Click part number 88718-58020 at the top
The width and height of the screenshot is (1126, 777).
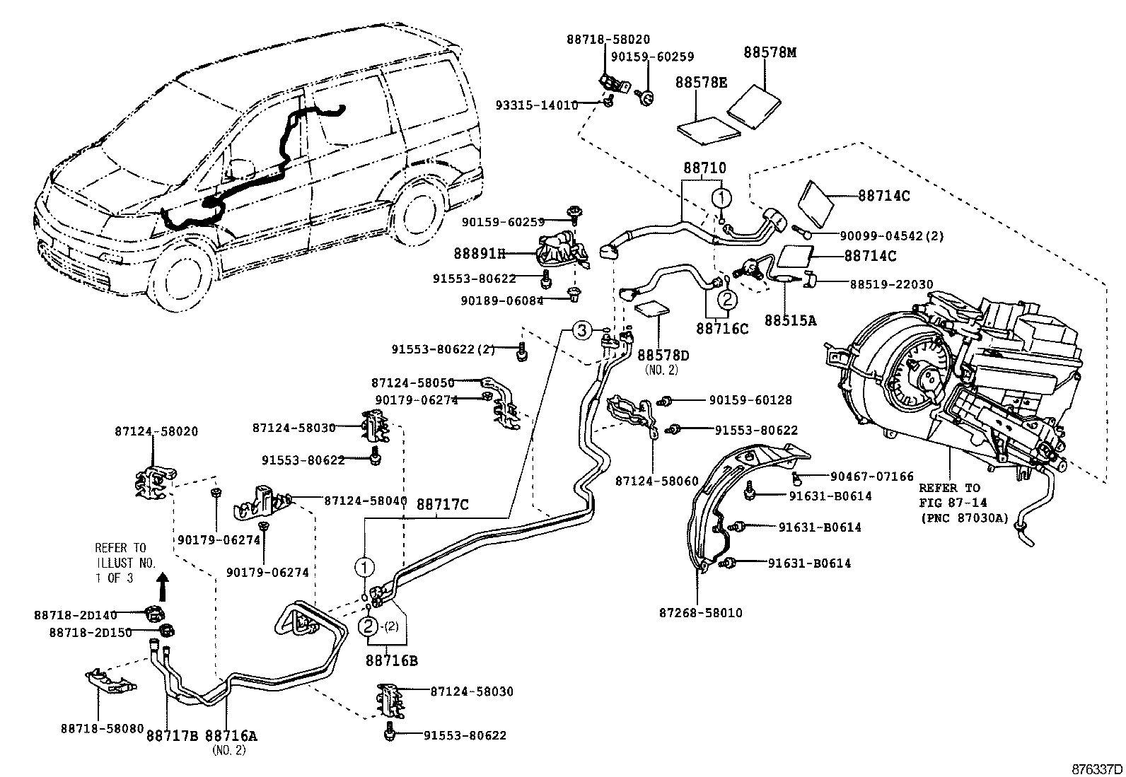tap(608, 40)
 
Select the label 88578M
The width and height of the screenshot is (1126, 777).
tap(770, 53)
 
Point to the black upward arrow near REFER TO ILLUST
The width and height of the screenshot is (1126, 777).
tap(163, 586)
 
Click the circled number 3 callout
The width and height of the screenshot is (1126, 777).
tap(581, 330)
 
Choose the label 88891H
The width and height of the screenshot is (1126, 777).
tap(480, 252)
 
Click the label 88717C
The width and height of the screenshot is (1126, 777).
tap(442, 505)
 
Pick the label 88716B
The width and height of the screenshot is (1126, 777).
tap(391, 660)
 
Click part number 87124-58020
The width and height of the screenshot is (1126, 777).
tap(156, 431)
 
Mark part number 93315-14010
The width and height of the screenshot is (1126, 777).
tap(536, 105)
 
